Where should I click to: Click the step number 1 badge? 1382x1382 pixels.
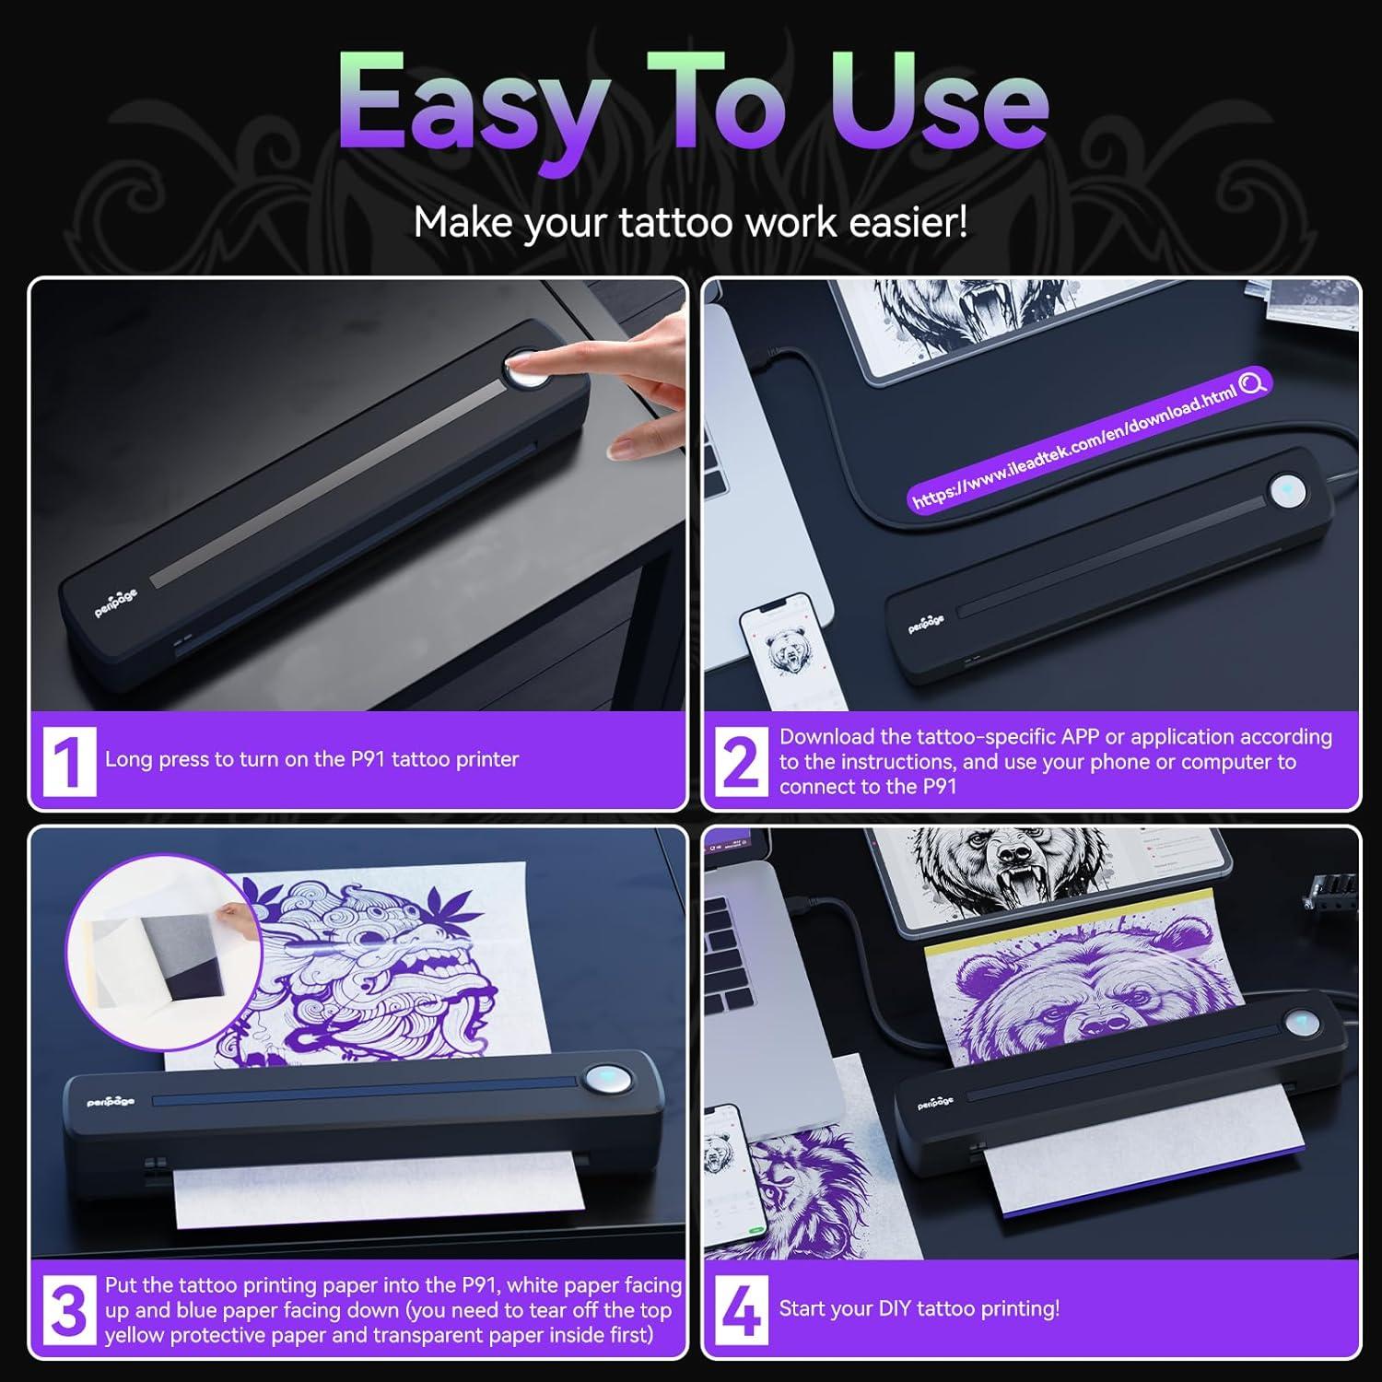tap(69, 761)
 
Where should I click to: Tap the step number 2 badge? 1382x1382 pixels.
tap(741, 761)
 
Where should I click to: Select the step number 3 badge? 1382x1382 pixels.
tap(69, 1309)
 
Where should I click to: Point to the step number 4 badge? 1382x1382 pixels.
tap(741, 1309)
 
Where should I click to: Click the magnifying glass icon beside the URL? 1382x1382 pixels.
tap(1252, 382)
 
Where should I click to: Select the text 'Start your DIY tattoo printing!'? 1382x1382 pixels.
tap(919, 1309)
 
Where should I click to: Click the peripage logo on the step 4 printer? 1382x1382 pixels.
tap(935, 1103)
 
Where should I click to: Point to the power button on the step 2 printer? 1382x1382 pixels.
tap(1287, 490)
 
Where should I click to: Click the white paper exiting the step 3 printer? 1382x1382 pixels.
tap(369, 1198)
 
